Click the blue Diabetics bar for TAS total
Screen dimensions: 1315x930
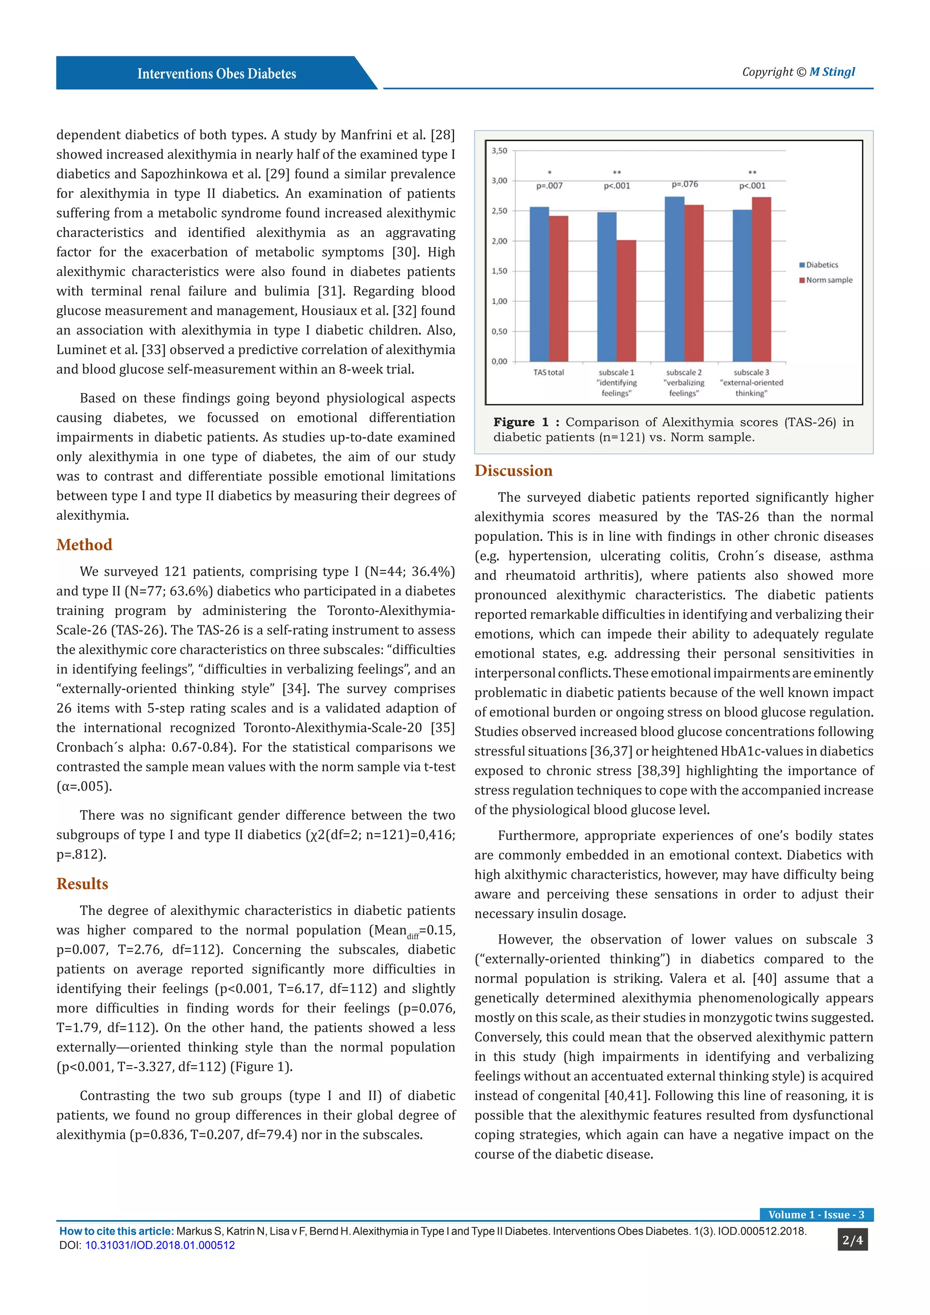coord(539,285)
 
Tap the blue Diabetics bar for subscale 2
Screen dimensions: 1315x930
coord(674,280)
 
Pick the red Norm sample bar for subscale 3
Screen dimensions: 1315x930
coord(761,280)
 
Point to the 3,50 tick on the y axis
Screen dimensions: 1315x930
coord(500,151)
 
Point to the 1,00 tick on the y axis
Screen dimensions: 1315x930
coord(500,301)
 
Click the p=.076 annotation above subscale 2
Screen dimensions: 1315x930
coord(684,184)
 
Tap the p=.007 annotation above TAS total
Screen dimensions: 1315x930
coord(549,186)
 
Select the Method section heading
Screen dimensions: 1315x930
coord(84,545)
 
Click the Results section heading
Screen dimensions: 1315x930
coord(82,884)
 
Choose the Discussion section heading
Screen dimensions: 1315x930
coord(513,471)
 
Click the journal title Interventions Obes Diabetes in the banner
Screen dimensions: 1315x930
coord(217,74)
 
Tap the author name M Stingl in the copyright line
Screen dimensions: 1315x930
coord(831,72)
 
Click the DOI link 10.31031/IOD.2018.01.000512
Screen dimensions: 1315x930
coord(160,1245)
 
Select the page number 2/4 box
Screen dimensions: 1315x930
coord(852,1240)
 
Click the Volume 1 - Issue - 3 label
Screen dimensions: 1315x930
coord(816,1215)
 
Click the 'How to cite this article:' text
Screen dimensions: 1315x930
coord(116,1231)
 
